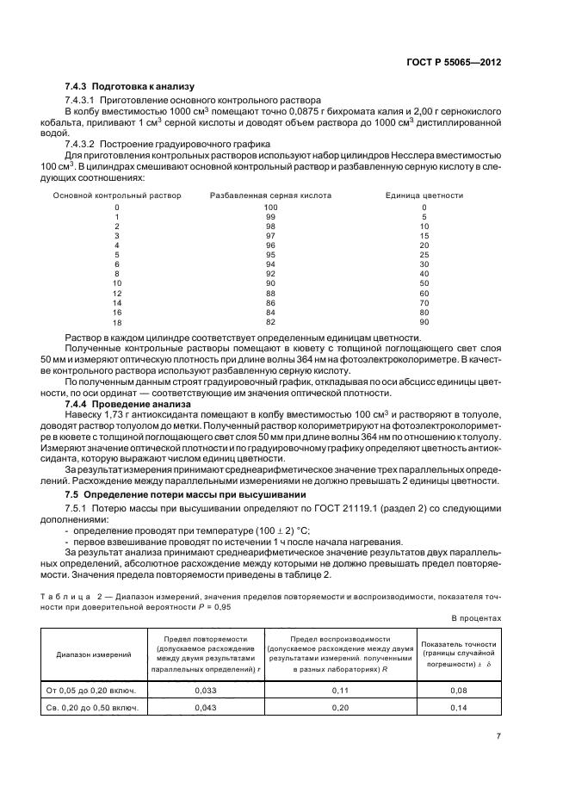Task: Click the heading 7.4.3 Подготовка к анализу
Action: (x=130, y=87)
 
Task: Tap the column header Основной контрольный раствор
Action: (x=117, y=195)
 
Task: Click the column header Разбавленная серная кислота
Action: (x=270, y=195)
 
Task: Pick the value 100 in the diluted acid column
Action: (x=270, y=208)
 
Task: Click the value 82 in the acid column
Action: (x=270, y=321)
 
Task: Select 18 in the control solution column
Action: (x=117, y=321)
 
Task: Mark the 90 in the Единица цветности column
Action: (x=424, y=321)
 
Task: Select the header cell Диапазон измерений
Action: (x=94, y=655)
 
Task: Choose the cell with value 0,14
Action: (x=458, y=708)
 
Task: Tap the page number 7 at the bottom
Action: (x=498, y=737)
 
